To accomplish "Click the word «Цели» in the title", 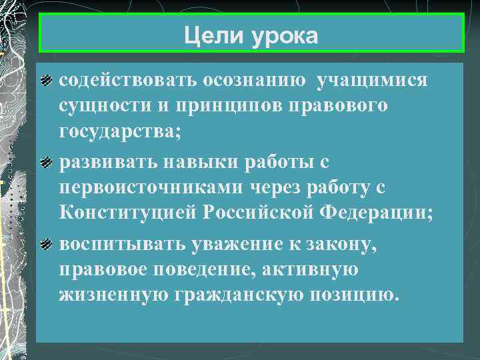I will coord(214,35).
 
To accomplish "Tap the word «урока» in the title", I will coord(285,35).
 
